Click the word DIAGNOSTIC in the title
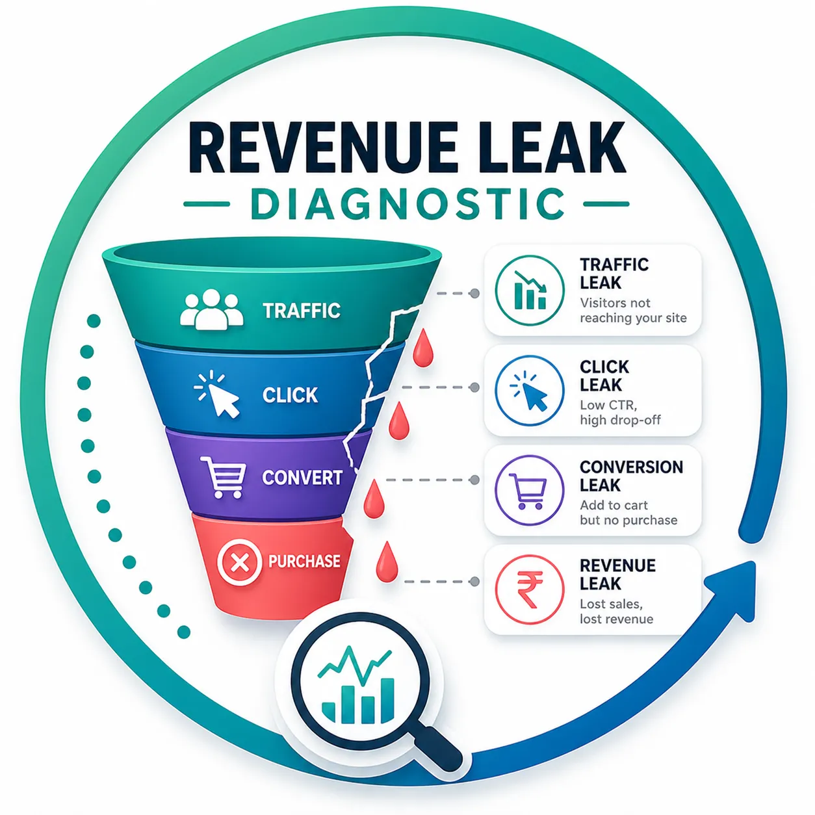pos(407,204)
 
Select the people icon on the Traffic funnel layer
pos(211,309)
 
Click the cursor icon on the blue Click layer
pos(217,394)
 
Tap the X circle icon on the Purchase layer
pos(239,563)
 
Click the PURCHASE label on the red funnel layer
pos(304,562)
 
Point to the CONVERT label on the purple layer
pos(302,478)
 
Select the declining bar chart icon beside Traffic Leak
pos(530,291)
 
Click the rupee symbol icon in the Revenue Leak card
pos(530,589)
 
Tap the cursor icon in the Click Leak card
pos(530,390)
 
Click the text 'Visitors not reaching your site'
pos(633,311)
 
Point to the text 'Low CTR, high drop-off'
pos(620,412)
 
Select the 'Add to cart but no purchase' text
pos(628,512)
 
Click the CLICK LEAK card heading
pos(604,376)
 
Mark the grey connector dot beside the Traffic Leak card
pos(474,293)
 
